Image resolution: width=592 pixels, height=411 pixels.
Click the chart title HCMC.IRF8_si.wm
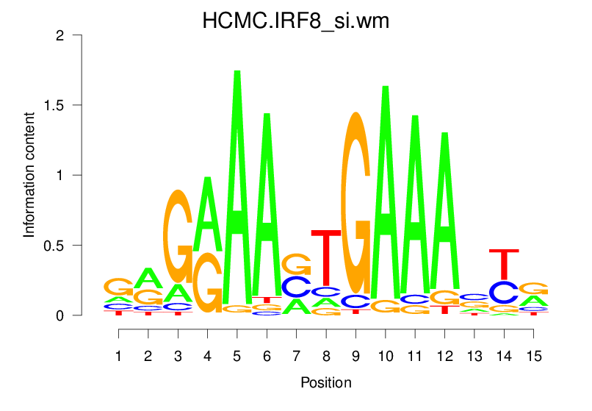pos(295,21)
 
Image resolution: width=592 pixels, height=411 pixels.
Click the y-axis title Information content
pos(29,175)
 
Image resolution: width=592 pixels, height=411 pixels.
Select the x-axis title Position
pos(326,382)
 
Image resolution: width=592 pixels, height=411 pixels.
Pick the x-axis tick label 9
pos(355,357)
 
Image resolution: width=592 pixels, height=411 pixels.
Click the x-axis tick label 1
pos(118,357)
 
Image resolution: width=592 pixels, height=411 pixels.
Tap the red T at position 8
pos(326,257)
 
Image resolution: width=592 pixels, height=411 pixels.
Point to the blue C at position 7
pos(297,287)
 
